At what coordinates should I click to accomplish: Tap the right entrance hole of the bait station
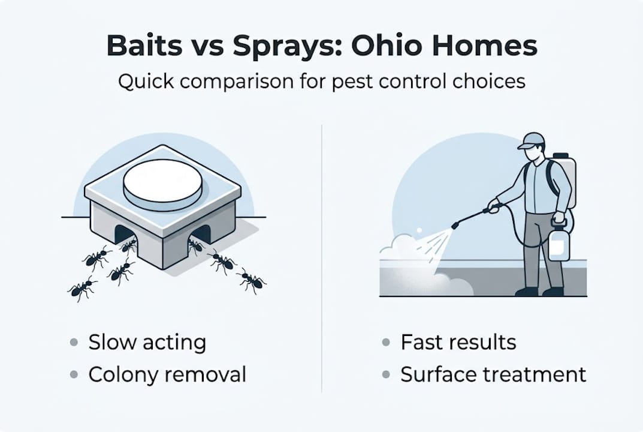(201, 234)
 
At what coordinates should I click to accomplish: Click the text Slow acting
(147, 343)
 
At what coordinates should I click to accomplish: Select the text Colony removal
(167, 375)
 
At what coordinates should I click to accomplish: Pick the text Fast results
(458, 343)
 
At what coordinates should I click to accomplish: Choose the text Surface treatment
(493, 375)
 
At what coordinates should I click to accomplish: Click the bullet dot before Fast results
(387, 343)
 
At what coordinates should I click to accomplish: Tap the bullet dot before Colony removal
(74, 376)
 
